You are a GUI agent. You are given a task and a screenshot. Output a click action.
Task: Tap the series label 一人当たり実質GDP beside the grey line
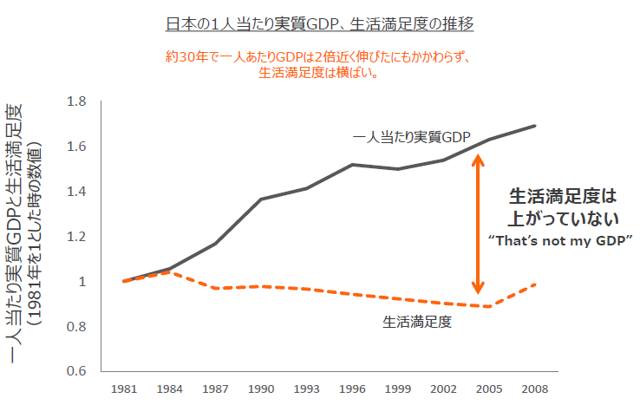[x=411, y=137]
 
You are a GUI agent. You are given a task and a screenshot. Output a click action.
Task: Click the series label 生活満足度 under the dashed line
[x=418, y=321]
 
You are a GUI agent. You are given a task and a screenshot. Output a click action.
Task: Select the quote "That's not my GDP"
[x=559, y=238]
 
